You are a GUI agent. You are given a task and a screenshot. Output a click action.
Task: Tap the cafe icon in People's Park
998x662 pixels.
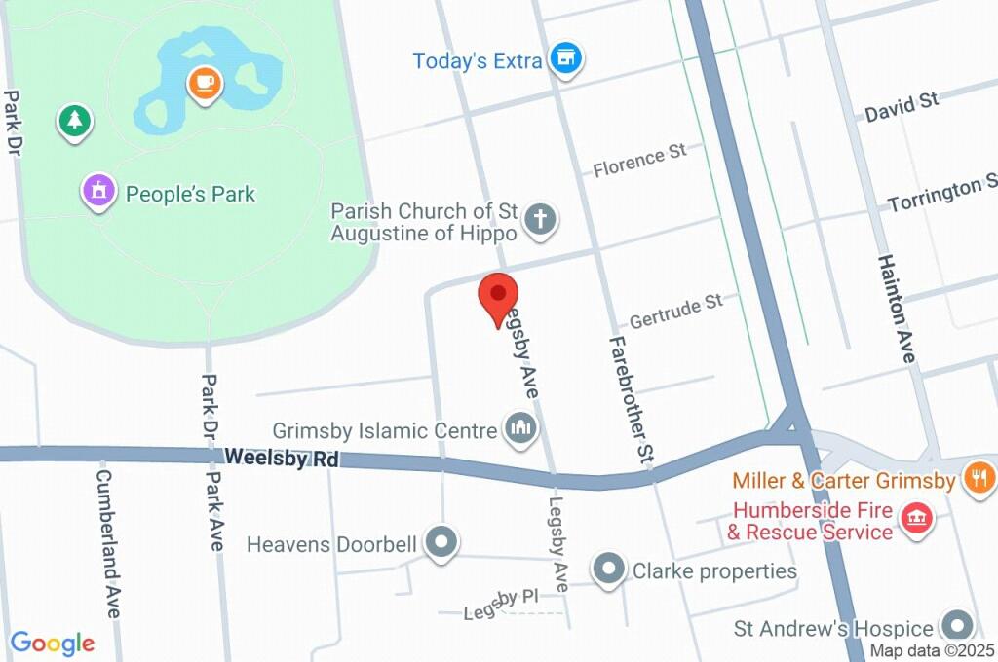pos(205,84)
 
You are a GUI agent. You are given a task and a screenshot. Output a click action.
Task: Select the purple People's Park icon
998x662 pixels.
pos(98,191)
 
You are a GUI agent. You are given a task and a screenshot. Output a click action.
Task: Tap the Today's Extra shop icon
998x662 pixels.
pos(565,58)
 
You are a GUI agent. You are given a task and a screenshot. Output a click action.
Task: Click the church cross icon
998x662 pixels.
pos(539,221)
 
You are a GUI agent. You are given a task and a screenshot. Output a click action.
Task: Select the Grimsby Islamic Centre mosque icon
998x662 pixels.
pos(520,428)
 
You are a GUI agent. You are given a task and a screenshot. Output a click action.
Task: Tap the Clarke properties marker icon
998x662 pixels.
pos(609,570)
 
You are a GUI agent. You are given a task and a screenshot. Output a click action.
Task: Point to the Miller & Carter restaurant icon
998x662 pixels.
pos(977,478)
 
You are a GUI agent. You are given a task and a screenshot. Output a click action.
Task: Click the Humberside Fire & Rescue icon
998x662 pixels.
pos(916,519)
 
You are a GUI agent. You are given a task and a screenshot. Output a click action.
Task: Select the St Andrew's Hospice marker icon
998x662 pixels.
pos(957,626)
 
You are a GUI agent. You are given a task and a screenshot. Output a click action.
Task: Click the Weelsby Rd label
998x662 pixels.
pos(282,458)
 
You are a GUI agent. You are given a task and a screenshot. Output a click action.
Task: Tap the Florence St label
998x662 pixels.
pos(639,161)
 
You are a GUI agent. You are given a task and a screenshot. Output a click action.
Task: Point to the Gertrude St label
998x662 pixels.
pos(675,311)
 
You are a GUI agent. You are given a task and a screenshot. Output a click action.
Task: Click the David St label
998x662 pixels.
pos(901,105)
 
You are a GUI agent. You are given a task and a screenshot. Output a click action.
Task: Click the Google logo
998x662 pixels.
pos(53,643)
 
